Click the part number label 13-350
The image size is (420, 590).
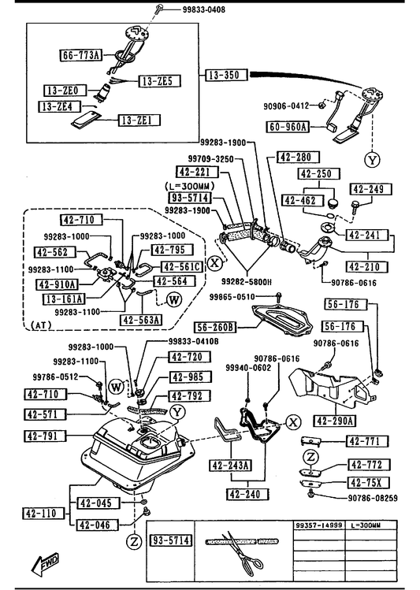227,75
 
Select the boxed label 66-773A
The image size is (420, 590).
81,55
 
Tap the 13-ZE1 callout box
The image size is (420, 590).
139,120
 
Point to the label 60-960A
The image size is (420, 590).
288,127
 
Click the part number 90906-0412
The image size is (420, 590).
286,106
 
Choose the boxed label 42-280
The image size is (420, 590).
298,157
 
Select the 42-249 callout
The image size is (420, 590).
370,189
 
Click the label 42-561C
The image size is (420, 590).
182,267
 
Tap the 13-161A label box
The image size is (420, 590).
64,299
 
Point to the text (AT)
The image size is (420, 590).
42,325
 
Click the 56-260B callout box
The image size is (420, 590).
215,328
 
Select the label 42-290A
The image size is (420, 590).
335,421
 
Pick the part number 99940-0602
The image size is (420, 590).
248,368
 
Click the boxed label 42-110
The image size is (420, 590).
43,514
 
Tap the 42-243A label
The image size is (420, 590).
230,466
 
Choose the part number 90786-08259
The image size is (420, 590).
373,498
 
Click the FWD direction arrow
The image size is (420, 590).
45,564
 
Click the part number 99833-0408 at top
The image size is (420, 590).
204,9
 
